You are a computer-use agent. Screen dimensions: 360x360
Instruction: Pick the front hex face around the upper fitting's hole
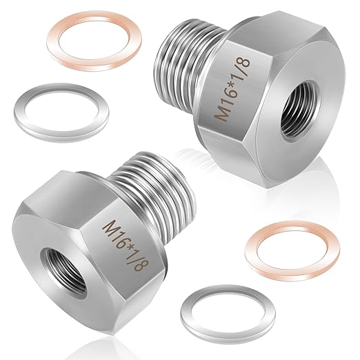(x=307, y=110)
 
